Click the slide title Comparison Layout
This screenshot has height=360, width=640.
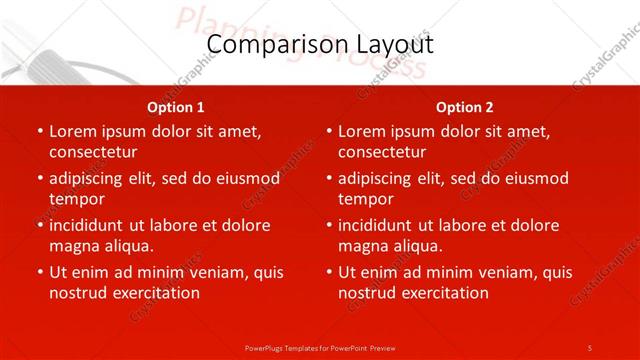click(320, 45)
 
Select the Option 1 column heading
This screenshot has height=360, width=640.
click(176, 107)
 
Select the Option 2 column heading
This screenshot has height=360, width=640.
click(465, 107)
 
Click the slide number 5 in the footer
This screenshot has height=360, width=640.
click(590, 347)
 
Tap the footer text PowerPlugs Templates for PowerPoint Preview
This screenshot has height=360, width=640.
click(320, 347)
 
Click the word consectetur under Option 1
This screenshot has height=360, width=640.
click(93, 152)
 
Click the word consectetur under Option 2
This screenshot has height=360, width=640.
click(382, 152)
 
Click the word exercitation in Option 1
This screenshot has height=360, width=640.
click(154, 293)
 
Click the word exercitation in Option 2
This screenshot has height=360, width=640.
click(443, 293)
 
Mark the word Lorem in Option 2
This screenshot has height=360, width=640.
click(363, 131)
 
